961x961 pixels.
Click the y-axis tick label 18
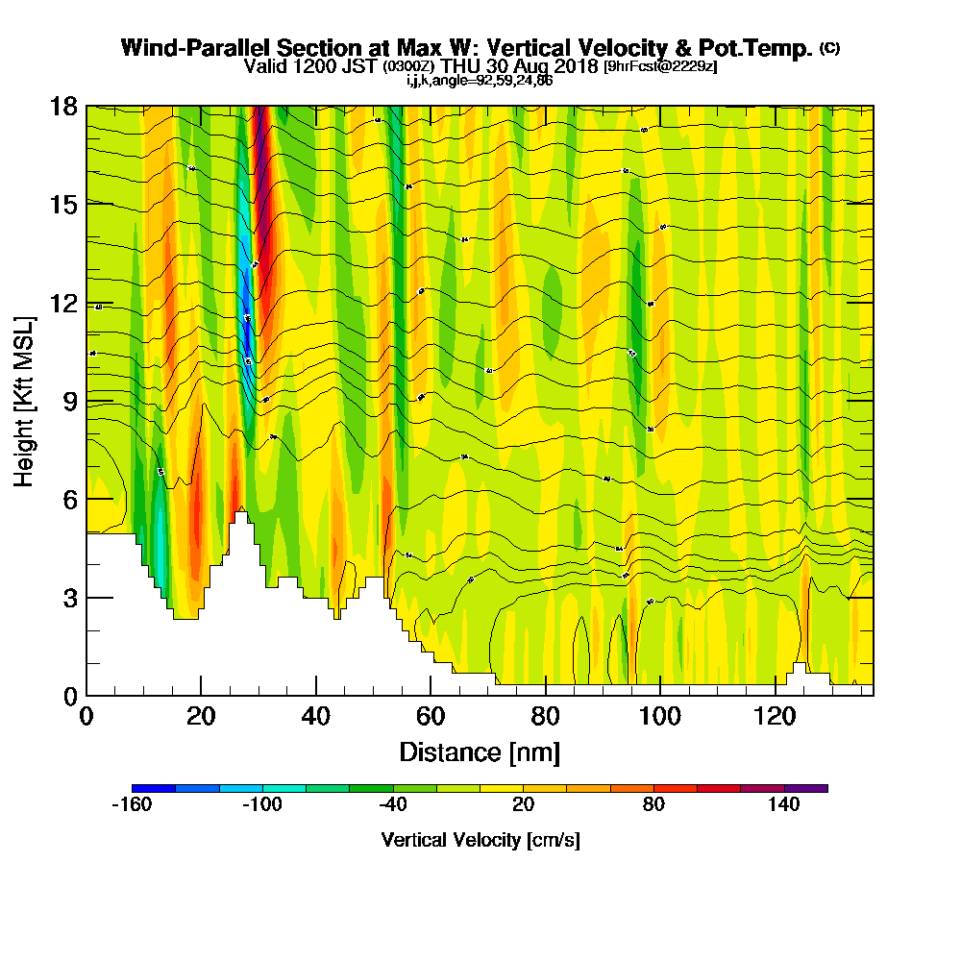pos(63,106)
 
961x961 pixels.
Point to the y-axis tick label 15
pos(63,205)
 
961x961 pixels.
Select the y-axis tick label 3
pos(69,598)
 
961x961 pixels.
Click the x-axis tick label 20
pos(201,718)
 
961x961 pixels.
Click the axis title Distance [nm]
pos(480,752)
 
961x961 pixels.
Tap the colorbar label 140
pos(784,805)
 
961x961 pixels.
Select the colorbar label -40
pos(392,805)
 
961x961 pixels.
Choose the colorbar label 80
pos(653,805)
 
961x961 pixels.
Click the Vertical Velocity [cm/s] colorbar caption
pos(480,840)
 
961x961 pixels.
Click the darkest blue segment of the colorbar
pos(154,788)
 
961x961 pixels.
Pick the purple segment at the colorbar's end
pos(806,788)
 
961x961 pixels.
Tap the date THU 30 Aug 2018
pos(520,66)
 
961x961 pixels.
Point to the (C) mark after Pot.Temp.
pos(829,48)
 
